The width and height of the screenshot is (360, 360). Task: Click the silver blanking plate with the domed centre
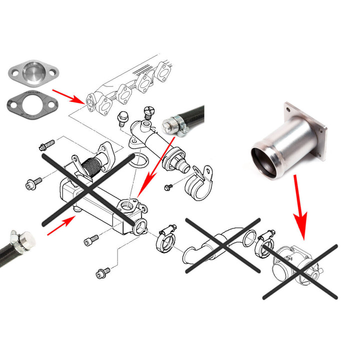(x=33, y=72)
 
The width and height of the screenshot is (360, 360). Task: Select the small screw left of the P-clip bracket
(x=168, y=187)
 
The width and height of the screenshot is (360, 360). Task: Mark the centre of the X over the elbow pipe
(x=223, y=245)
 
